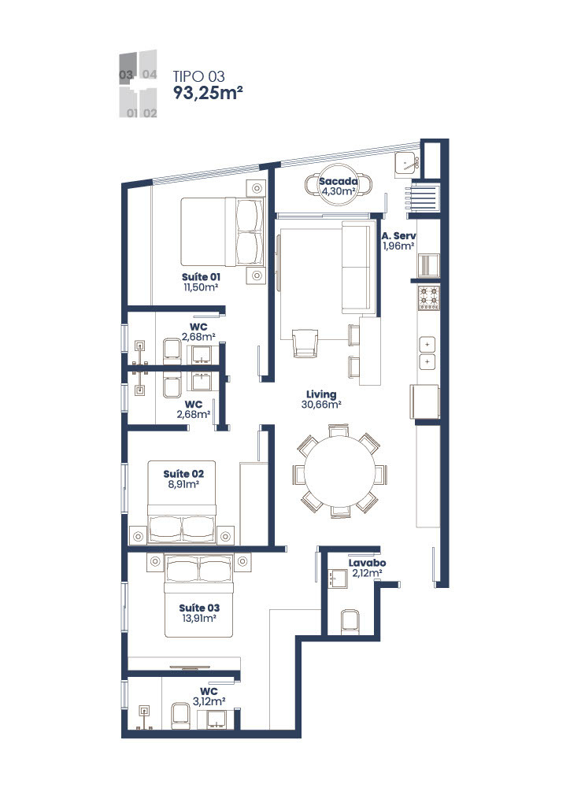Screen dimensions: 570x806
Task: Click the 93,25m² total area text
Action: [x=208, y=93]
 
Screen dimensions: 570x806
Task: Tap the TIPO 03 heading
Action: [x=199, y=76]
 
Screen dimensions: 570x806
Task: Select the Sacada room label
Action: [x=338, y=181]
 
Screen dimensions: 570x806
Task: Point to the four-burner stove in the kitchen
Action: [x=428, y=298]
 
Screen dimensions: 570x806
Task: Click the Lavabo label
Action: [x=367, y=563]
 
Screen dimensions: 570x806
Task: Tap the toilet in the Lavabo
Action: [x=350, y=621]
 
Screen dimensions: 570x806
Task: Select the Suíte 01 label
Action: [x=201, y=276]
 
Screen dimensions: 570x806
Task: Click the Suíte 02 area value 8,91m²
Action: [x=183, y=484]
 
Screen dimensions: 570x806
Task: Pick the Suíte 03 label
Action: [x=199, y=608]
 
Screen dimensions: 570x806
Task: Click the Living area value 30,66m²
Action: [x=321, y=405]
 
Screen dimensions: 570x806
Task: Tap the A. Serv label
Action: [x=398, y=236]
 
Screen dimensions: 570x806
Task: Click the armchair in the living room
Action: [x=305, y=342]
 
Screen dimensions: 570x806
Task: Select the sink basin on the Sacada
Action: [x=408, y=165]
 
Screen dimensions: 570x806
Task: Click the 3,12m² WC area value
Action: [x=209, y=701]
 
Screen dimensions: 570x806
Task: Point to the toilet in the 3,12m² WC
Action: [x=180, y=715]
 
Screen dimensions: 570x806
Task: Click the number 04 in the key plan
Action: [x=149, y=75]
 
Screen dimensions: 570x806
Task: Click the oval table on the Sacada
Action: [x=338, y=187]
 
